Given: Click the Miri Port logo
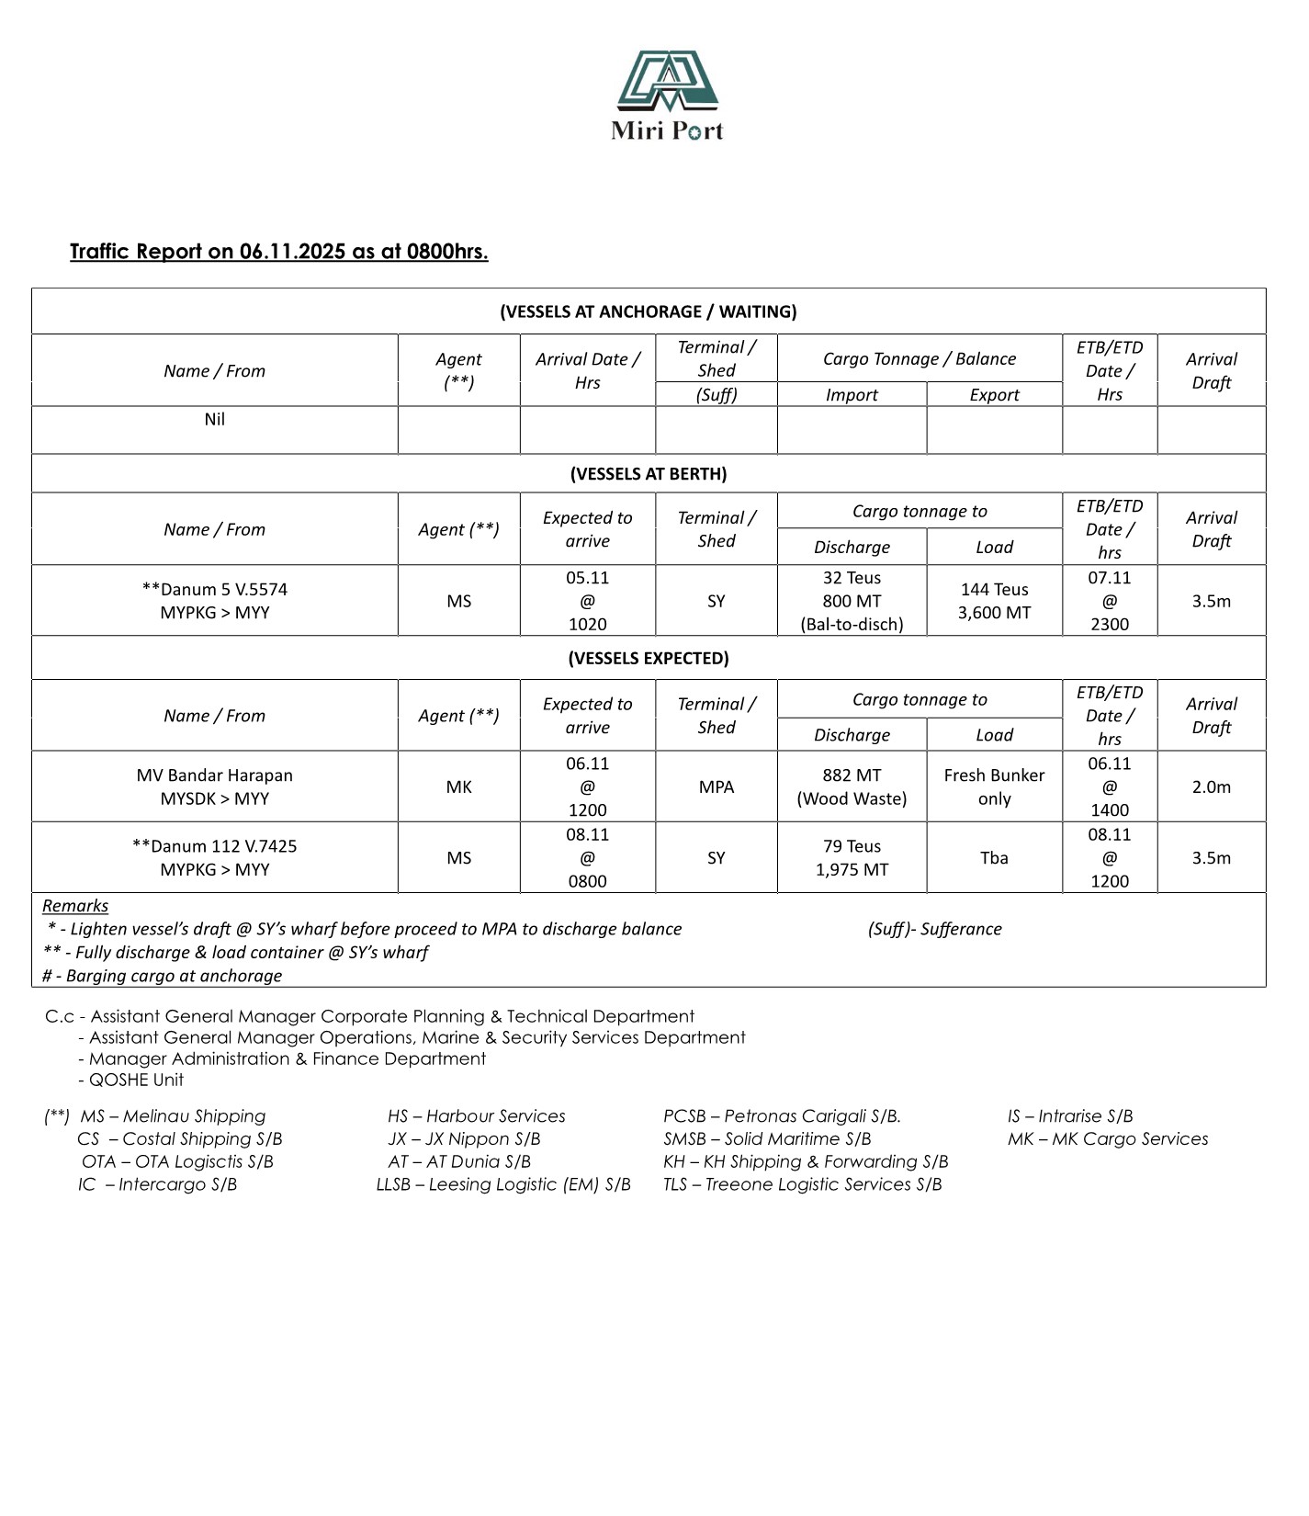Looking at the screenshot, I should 667,95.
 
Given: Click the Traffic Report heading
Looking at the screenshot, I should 278,252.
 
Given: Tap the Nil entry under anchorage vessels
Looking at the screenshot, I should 215,420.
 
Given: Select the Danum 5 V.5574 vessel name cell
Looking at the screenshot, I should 215,601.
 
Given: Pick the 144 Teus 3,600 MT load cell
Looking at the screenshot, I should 994,601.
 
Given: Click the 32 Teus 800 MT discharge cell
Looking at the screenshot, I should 852,601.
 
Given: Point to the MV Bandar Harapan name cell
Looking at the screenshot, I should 215,786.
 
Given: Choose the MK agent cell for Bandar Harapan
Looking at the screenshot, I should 458,786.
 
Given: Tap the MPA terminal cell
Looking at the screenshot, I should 716,786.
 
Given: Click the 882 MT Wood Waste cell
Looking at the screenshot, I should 852,786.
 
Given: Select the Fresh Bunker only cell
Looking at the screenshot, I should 994,786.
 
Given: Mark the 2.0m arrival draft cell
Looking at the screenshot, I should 1211,786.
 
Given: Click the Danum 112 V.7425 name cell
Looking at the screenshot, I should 215,857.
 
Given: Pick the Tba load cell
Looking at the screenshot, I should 994,858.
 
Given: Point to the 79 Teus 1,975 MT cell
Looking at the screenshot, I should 852,857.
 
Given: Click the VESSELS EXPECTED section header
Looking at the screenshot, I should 649,658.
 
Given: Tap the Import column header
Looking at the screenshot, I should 852,395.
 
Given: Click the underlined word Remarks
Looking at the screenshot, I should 75,906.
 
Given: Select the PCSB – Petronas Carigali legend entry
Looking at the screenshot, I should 782,1116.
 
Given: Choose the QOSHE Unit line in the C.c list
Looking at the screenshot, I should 135,1080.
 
